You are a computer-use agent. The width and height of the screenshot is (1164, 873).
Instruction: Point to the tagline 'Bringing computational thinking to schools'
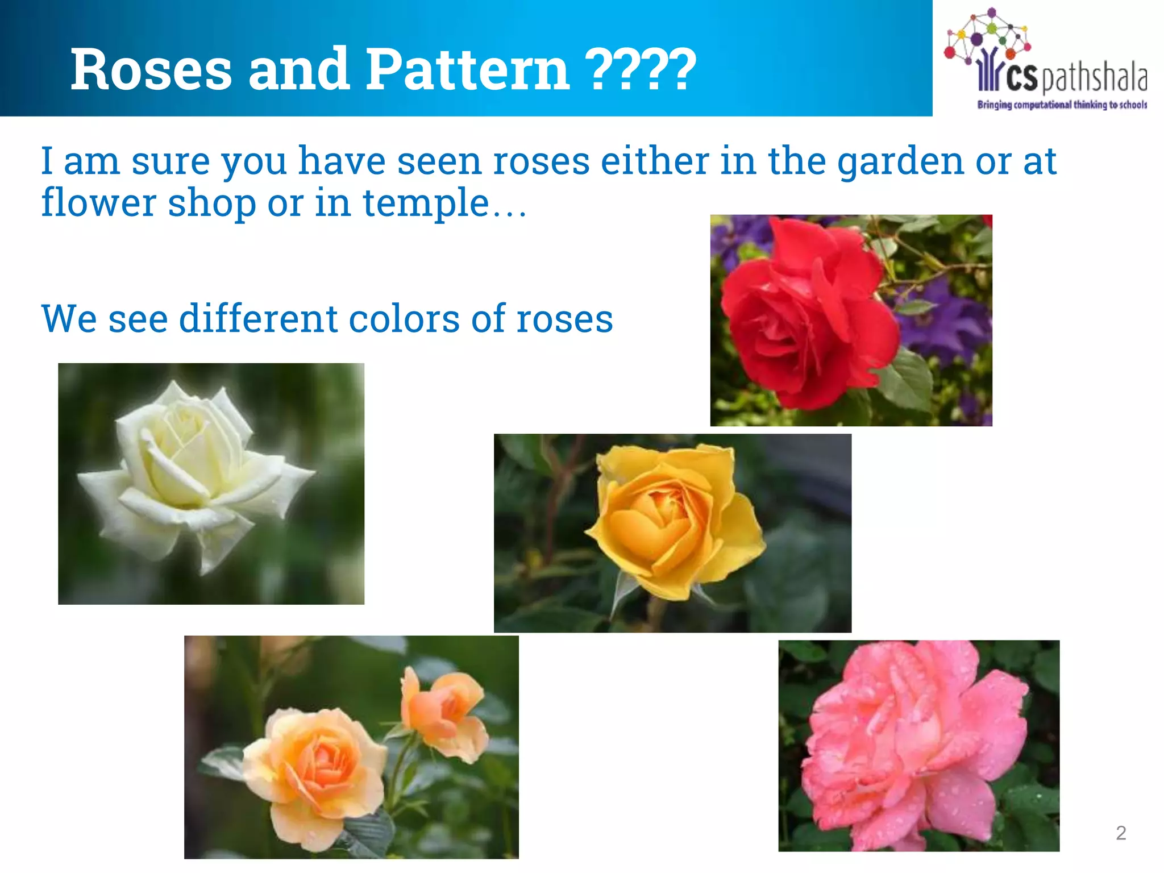point(1062,105)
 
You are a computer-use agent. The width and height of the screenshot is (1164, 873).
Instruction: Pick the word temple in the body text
point(426,203)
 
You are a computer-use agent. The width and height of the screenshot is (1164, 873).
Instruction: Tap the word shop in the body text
point(211,203)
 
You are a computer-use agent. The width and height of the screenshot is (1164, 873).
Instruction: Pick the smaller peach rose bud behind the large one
point(443,710)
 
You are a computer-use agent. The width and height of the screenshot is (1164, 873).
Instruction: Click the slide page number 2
point(1121,833)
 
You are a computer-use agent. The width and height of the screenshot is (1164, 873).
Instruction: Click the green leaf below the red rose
point(909,381)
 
